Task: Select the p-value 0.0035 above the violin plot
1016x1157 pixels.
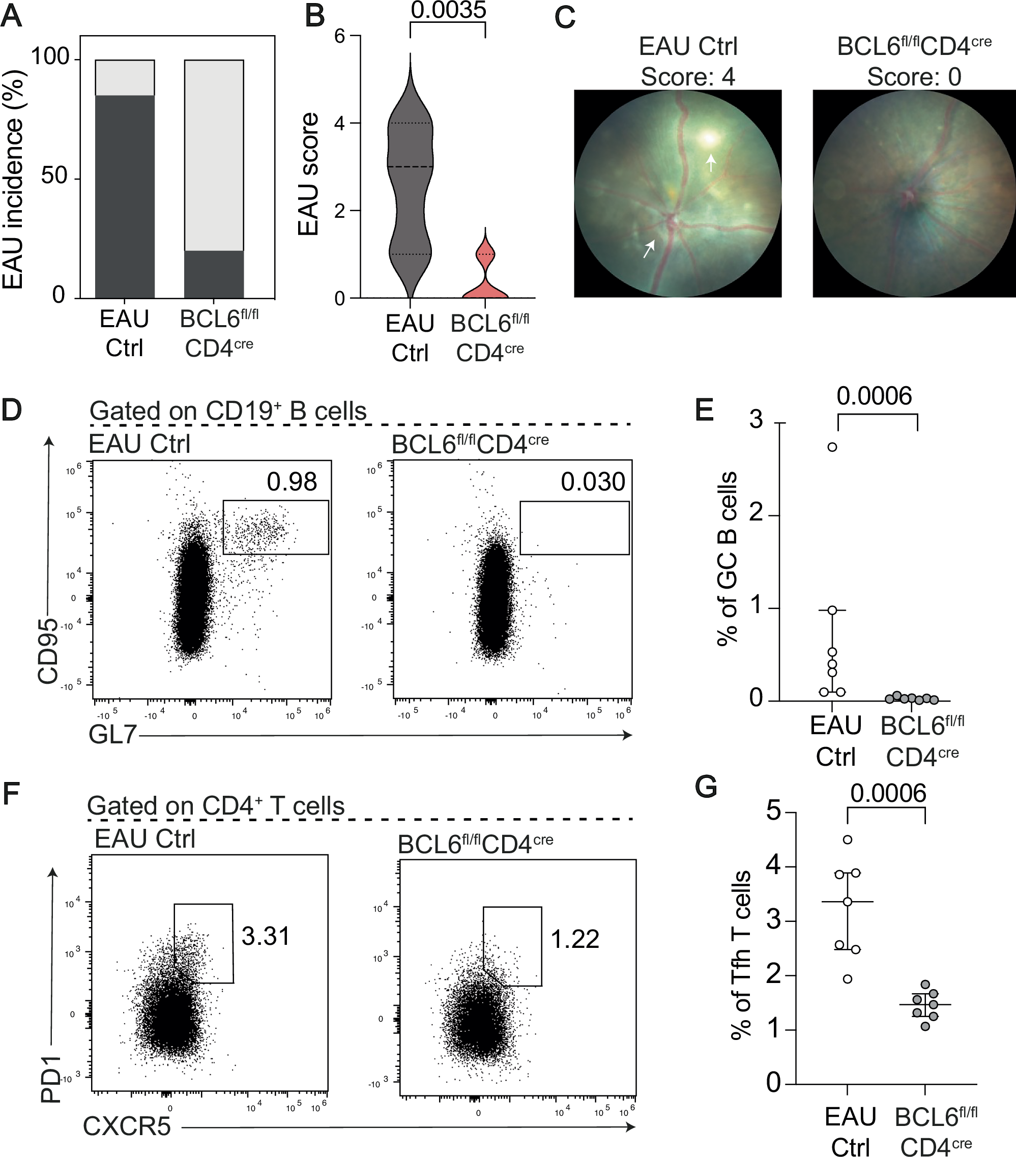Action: pos(448,10)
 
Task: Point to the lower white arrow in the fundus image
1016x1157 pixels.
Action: pos(649,248)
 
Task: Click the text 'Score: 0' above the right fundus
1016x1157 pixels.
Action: pos(914,76)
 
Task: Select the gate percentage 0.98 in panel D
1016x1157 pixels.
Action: pos(292,482)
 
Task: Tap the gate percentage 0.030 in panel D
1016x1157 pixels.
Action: pos(593,482)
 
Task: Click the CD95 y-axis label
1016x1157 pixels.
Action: pos(48,651)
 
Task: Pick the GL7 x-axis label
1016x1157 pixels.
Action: pos(112,735)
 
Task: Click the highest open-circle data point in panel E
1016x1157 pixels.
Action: pos(832,447)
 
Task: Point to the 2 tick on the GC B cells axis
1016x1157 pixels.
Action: pos(756,515)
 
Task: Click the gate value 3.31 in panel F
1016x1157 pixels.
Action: pos(266,936)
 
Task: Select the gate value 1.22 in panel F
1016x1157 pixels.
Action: pos(574,939)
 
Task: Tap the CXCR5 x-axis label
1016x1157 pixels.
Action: pos(127,1126)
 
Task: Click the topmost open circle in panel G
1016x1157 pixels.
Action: pos(847,840)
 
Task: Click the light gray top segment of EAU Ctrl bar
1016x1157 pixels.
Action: pos(125,77)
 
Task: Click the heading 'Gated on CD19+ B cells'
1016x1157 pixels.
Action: pos(228,411)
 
